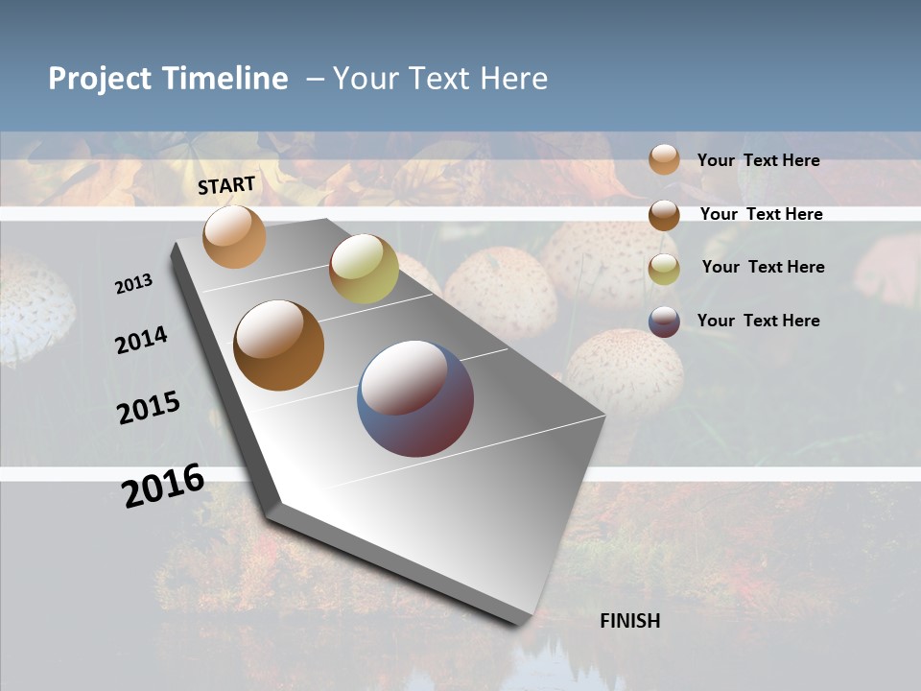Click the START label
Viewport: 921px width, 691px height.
(226, 185)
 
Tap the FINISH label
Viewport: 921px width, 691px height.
(630, 621)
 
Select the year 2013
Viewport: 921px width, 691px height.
(134, 284)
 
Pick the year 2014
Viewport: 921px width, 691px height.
(142, 340)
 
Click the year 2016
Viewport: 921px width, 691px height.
(163, 485)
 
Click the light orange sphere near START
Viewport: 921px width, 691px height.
(234, 236)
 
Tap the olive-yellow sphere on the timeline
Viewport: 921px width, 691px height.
(364, 269)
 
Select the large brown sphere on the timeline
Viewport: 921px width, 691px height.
(279, 345)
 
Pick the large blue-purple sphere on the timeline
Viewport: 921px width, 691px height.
(415, 398)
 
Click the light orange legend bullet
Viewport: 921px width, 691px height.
(664, 159)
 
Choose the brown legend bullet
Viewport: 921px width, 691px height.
(664, 215)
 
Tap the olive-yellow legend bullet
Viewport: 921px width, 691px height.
(664, 268)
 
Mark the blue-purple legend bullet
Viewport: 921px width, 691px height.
(664, 322)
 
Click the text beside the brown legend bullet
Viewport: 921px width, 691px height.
(761, 214)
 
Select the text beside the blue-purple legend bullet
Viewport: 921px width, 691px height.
(758, 321)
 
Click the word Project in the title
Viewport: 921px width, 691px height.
(100, 79)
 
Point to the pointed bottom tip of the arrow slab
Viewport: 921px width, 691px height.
(518, 622)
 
